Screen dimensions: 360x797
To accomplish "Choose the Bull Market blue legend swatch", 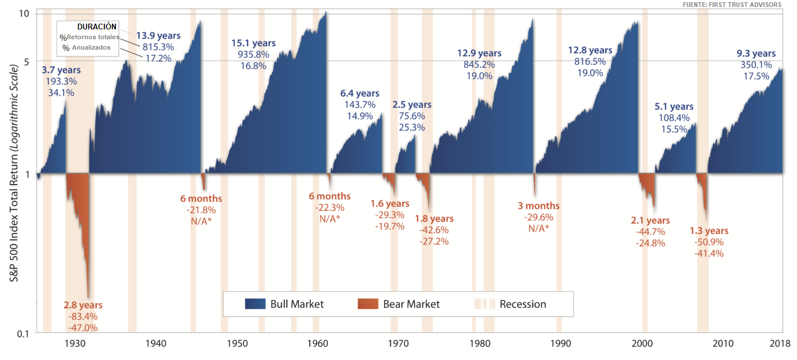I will tap(255, 304).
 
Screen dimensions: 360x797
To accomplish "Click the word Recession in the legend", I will tap(522, 304).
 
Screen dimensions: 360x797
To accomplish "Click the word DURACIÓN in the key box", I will tap(97, 27).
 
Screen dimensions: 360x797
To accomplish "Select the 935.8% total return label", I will tap(253, 54).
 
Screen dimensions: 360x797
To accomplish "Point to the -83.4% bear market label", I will tap(84, 316).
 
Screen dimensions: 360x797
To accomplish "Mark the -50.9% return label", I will tap(709, 242).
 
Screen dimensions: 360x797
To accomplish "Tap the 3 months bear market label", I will tap(539, 206).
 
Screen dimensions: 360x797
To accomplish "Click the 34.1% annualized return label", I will tap(61, 92).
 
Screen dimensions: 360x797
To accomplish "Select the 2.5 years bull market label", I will tap(412, 105).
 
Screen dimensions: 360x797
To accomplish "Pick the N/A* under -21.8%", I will tap(201, 221).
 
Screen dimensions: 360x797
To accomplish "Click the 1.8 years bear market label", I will tap(434, 219).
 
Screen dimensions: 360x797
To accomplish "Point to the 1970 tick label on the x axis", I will tap(398, 343).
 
